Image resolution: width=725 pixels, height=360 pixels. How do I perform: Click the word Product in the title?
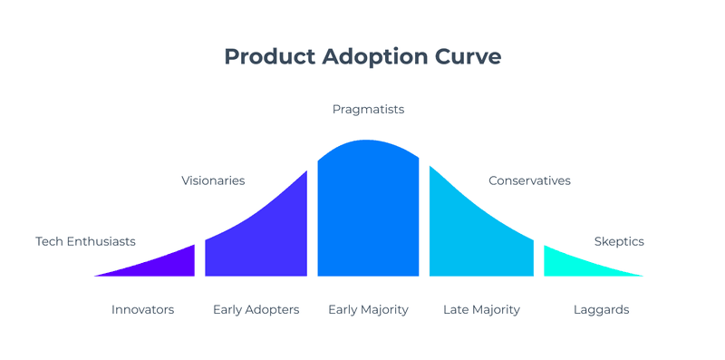(265, 56)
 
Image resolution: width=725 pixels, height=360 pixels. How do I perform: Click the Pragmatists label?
(368, 110)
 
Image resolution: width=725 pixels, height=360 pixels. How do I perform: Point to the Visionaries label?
(214, 180)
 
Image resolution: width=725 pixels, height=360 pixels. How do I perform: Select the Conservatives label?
(529, 180)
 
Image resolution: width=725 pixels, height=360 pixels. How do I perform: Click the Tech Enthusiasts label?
(85, 241)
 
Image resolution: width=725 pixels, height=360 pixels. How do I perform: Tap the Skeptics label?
(619, 241)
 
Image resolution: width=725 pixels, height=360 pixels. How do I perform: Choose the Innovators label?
(142, 310)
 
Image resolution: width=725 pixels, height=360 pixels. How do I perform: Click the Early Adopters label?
(256, 310)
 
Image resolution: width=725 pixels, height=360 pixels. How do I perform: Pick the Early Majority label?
(368, 310)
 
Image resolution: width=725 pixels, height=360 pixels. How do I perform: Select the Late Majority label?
(481, 310)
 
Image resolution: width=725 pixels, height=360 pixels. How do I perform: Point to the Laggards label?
(601, 310)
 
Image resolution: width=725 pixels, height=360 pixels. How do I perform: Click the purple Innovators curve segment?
(168, 264)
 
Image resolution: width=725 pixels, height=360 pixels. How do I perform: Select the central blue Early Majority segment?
(368, 213)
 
